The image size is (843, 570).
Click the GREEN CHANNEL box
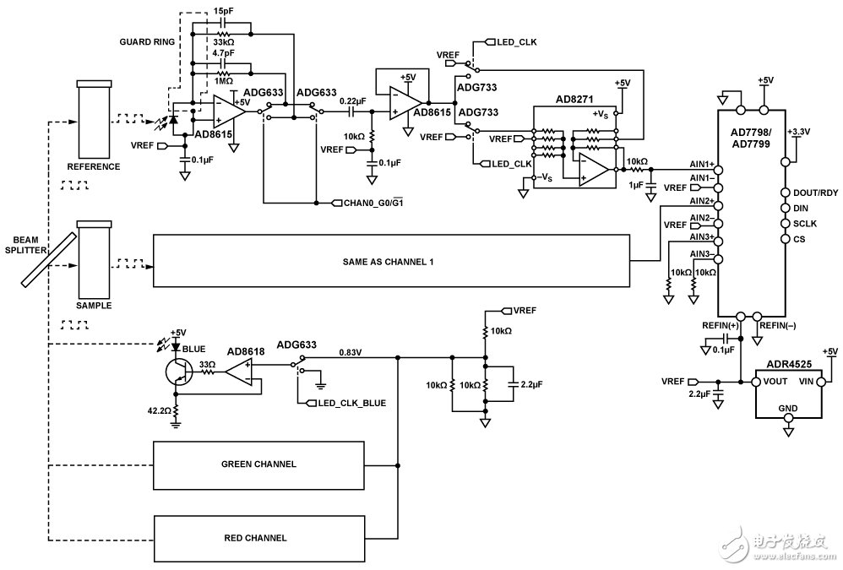pos(258,464)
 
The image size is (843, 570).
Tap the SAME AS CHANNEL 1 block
pos(391,263)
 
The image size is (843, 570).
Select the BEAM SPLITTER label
pos(21,246)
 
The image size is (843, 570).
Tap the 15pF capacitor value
pos(224,11)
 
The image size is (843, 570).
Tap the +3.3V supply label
pos(798,132)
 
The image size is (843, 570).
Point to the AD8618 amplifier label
pos(246,350)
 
